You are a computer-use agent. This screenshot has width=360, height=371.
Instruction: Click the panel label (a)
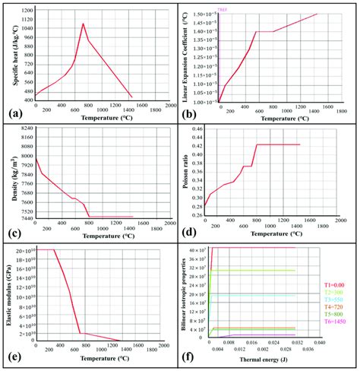click(14, 114)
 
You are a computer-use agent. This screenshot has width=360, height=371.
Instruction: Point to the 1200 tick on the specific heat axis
click(25, 10)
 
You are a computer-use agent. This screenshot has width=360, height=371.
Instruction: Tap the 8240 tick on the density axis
click(25, 128)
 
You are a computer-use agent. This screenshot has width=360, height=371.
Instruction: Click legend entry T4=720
click(339, 308)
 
